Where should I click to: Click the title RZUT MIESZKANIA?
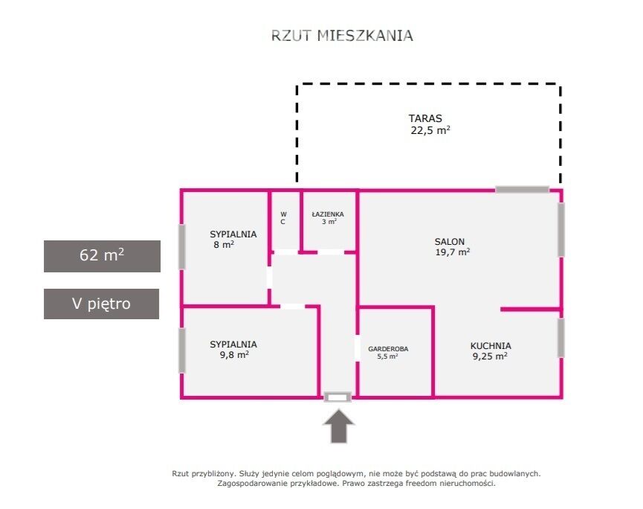click(342, 35)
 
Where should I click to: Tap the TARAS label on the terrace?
click(425, 118)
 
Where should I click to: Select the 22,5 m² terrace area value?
click(430, 130)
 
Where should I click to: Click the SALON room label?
click(450, 241)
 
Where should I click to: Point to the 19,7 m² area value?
click(452, 252)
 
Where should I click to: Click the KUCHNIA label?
click(491, 345)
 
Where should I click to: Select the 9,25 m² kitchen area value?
click(490, 356)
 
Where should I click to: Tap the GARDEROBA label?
click(388, 349)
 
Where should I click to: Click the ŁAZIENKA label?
click(328, 214)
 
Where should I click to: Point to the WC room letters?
click(283, 218)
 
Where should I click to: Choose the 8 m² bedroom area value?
click(224, 245)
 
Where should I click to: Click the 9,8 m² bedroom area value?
click(234, 355)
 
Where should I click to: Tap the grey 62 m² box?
click(102, 256)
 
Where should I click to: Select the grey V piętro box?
click(101, 304)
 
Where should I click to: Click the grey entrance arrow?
click(339, 426)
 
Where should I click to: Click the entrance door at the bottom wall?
click(337, 397)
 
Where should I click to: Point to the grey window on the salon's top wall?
click(522, 190)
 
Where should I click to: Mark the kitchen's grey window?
click(560, 338)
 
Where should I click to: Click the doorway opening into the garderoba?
click(357, 348)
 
